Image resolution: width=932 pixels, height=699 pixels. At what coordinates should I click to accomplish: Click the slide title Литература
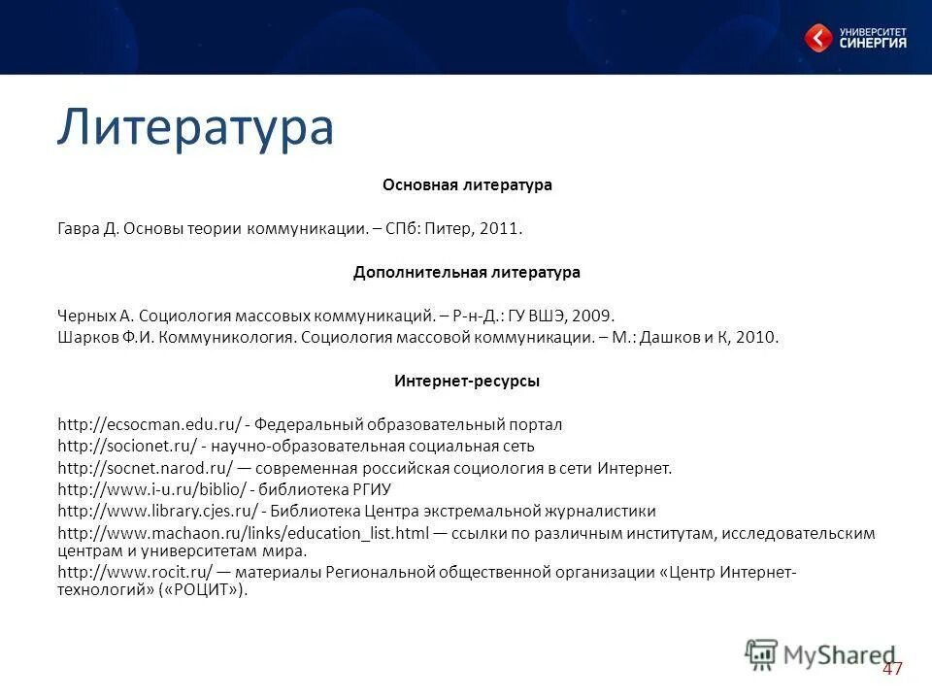tap(194, 127)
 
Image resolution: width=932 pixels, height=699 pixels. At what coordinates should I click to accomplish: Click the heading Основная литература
tap(467, 184)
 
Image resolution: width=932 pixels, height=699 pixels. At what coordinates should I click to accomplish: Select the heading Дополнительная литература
tap(467, 272)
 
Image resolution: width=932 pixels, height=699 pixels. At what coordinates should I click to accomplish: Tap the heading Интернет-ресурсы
tap(467, 382)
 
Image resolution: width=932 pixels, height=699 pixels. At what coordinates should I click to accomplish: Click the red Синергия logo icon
tap(818, 38)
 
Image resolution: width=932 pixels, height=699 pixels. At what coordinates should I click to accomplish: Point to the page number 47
tap(892, 669)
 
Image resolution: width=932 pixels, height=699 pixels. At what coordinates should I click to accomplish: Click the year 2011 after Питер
tap(503, 229)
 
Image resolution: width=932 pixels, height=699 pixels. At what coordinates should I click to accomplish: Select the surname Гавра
tap(77, 229)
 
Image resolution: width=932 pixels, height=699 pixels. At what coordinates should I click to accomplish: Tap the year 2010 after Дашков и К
tap(758, 338)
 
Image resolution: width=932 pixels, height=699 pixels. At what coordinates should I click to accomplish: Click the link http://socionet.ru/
tap(127, 446)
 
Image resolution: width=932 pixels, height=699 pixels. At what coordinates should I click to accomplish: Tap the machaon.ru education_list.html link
tap(243, 533)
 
